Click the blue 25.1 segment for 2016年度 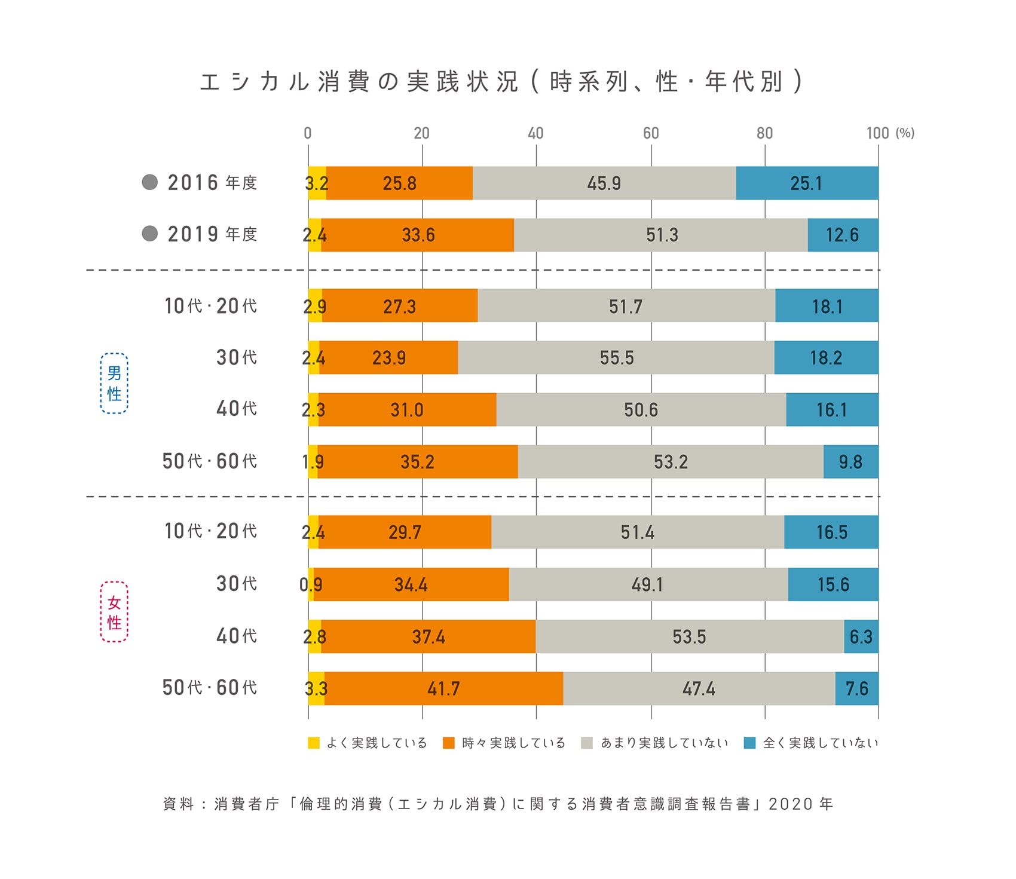[x=807, y=183]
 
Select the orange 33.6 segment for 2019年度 [x=418, y=235]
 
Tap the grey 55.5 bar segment [x=616, y=357]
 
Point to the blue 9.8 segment [x=850, y=461]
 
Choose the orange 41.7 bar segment [x=443, y=688]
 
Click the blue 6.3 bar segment [x=861, y=636]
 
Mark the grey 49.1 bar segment [x=648, y=584]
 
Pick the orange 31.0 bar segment [x=407, y=409]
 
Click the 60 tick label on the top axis [x=651, y=133]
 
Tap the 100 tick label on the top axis [x=877, y=133]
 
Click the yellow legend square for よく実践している [x=314, y=743]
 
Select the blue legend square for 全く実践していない [x=749, y=743]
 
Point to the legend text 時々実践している [x=513, y=743]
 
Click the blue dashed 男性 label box [x=114, y=383]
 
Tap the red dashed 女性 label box [x=114, y=612]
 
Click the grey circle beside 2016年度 [x=150, y=182]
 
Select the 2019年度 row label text [x=212, y=234]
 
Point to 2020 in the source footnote [x=791, y=804]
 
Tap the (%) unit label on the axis [x=905, y=133]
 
